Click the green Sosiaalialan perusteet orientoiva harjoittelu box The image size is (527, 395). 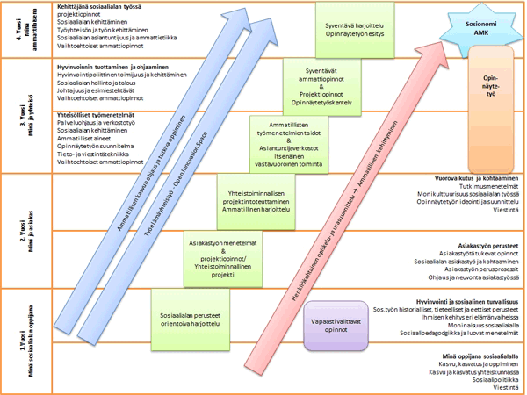(x=189, y=312)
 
